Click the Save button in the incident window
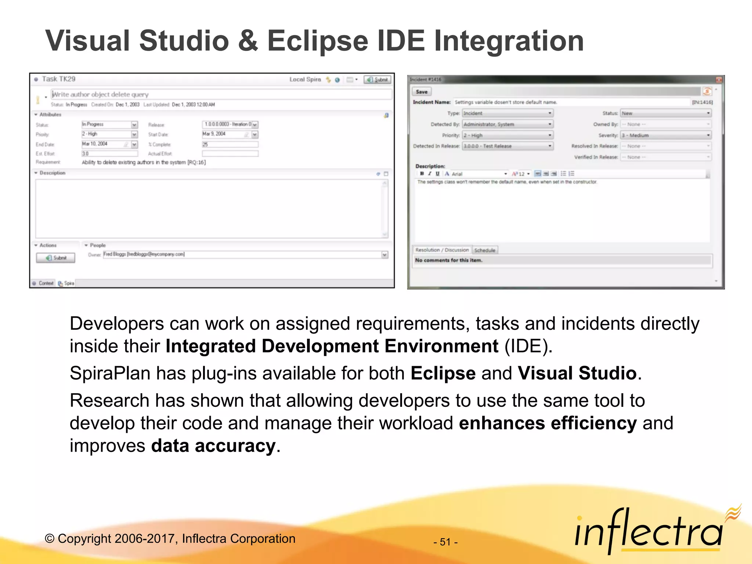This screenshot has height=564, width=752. tap(422, 92)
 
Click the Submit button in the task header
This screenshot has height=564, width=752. tap(377, 80)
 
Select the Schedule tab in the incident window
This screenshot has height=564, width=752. tap(485, 250)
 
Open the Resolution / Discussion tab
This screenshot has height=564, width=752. tap(442, 250)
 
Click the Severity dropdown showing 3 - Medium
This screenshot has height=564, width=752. tap(665, 135)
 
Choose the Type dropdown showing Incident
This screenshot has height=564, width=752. tap(507, 113)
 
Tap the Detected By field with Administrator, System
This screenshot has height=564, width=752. tap(507, 124)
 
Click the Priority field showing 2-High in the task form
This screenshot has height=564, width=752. tap(109, 134)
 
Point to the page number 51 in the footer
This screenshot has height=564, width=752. tap(445, 542)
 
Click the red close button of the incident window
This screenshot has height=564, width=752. tap(719, 80)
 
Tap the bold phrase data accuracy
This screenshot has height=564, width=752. tap(213, 446)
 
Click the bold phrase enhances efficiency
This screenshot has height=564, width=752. tap(547, 423)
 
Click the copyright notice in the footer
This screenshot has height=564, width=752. tap(170, 539)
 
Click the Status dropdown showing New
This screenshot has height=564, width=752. tap(665, 113)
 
